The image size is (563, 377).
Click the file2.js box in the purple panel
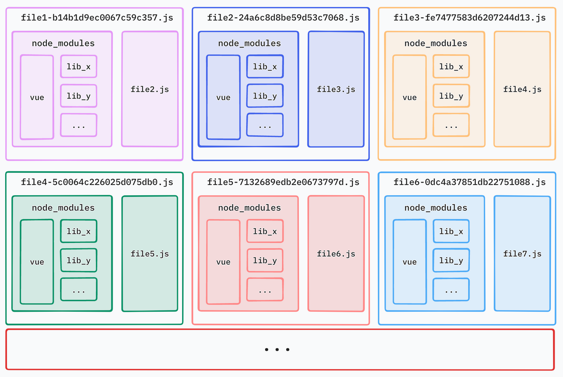150,89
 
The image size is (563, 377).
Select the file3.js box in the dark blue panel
336,89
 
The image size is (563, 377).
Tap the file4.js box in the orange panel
522,89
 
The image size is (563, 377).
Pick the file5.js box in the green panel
150,254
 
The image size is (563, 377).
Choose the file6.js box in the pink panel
336,254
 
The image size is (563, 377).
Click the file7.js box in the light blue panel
522,254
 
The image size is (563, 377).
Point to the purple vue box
37,97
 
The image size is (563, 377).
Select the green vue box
37,262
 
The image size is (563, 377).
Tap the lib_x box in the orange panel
451,67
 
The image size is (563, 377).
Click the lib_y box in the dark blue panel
265,96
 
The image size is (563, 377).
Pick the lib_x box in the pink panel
265,231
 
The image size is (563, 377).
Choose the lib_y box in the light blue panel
451,261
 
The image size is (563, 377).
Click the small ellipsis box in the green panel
78,289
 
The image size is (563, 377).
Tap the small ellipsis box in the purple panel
78,125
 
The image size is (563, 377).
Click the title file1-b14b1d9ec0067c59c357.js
97,18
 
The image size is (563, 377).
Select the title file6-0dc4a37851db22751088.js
470,182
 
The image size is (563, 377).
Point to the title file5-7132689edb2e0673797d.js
283,182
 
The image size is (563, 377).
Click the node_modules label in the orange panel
436,43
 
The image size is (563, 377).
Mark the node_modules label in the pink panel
250,208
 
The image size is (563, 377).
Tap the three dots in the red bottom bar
277,350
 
